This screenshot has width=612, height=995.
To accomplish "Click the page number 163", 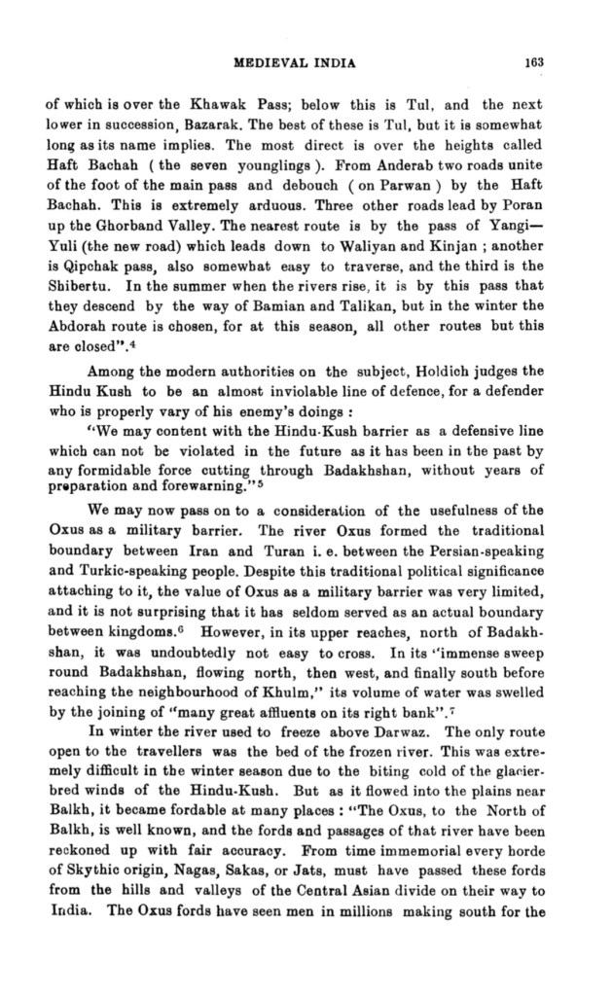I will (x=531, y=64).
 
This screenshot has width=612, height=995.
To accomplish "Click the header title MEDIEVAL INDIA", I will (x=295, y=64).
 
